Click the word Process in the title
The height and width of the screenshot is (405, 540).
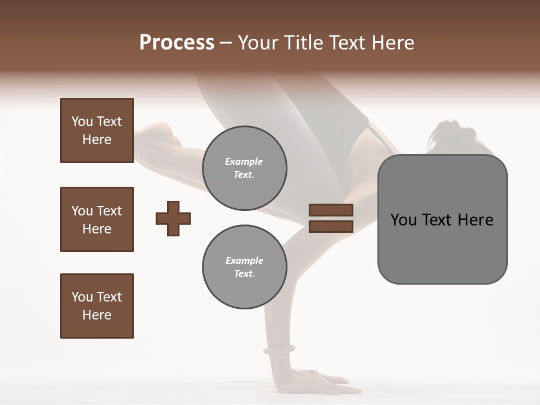coord(177,43)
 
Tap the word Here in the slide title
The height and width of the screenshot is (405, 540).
coord(393,43)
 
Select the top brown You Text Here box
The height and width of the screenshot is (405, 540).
coord(97,130)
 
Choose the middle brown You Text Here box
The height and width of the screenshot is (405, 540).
coord(97,219)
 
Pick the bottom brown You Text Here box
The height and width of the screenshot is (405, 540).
coord(97,306)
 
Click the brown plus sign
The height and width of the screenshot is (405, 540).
coord(173,218)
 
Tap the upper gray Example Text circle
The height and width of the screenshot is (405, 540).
coord(244,168)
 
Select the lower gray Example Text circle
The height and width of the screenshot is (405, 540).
coord(244,267)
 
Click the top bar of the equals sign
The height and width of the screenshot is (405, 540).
coord(331,210)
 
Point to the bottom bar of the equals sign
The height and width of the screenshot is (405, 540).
coord(331,226)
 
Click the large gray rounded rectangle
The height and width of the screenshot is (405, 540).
coord(442,247)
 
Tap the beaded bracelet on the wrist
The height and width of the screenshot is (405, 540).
coord(279,350)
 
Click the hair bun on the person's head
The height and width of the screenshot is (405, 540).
coord(444,133)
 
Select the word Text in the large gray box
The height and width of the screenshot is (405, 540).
coord(439,220)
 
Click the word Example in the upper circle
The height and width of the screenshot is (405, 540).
coord(244,161)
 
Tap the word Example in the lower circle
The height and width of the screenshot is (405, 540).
coord(244,260)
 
